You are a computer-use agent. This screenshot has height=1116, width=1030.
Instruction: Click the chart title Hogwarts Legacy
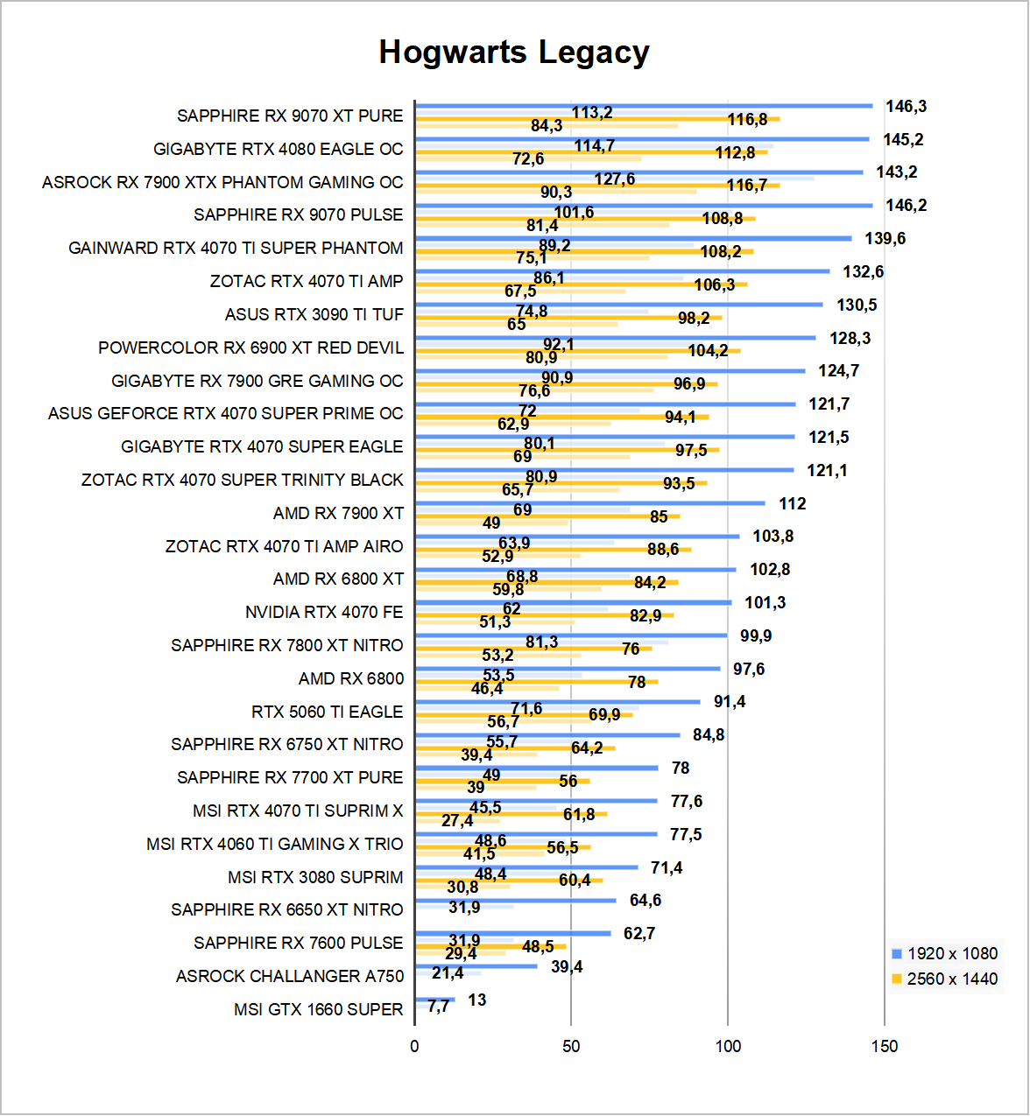(x=514, y=53)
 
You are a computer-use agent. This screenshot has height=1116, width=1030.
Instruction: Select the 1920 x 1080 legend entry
(x=944, y=954)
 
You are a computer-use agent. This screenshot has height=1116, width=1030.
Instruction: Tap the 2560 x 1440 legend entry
(x=944, y=979)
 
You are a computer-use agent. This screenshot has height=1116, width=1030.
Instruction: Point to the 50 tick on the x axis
(x=571, y=1047)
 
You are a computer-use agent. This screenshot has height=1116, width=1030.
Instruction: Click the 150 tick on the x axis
(x=885, y=1047)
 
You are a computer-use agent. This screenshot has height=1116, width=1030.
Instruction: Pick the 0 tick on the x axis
(x=414, y=1047)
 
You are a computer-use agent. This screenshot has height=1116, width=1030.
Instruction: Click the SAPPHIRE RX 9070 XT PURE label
(x=290, y=116)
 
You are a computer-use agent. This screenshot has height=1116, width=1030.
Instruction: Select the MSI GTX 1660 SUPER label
(x=318, y=1010)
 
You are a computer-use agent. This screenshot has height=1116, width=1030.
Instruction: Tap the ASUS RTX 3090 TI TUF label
(x=314, y=315)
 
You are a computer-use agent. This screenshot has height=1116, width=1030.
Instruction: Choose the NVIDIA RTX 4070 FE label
(x=324, y=613)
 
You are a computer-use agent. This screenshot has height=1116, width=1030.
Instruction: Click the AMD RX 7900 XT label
(x=338, y=514)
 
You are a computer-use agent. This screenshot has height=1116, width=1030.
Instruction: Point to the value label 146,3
(x=906, y=107)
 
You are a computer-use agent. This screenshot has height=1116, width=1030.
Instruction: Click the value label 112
(x=792, y=504)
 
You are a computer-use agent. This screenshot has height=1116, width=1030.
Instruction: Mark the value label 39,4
(x=567, y=967)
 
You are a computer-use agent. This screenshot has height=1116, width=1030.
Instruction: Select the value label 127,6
(x=614, y=179)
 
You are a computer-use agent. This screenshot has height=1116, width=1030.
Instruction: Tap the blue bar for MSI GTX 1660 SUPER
(x=435, y=1000)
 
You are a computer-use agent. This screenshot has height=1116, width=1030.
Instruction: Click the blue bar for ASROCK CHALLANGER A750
(x=476, y=966)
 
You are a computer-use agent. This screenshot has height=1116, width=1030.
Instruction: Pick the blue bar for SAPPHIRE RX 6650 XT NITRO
(x=516, y=900)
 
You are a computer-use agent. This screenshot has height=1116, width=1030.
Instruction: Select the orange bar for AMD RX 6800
(x=536, y=681)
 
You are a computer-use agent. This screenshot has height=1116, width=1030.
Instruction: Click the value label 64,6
(x=646, y=901)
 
